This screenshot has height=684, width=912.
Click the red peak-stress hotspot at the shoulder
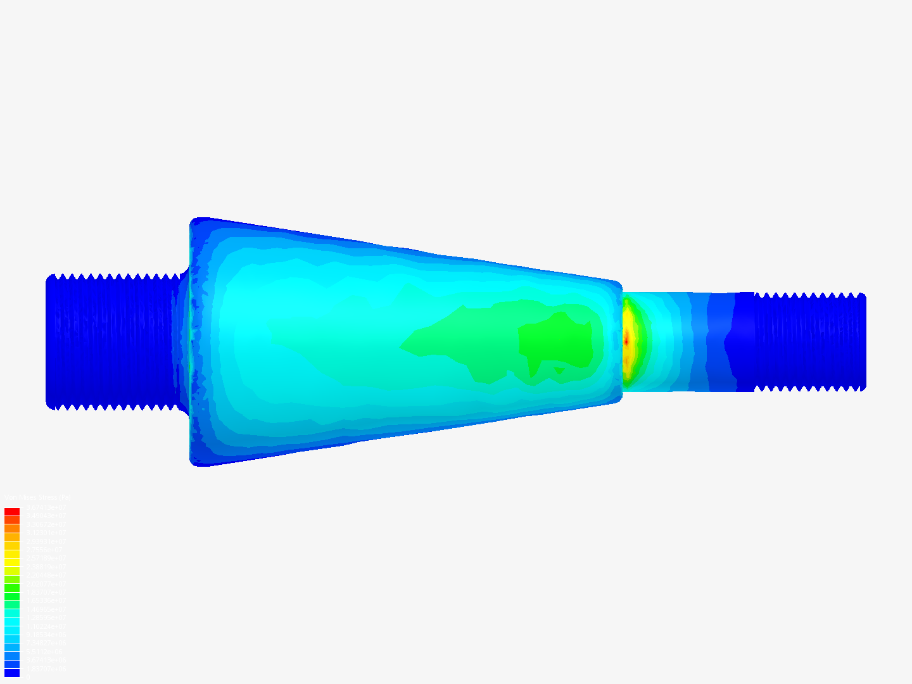coord(626,341)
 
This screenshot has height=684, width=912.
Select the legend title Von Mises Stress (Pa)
coord(37,498)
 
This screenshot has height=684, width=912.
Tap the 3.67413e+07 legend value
coord(46,507)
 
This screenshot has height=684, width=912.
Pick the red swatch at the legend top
coord(12,511)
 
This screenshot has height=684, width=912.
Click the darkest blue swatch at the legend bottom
coord(12,673)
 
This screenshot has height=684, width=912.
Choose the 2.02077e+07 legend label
coord(46,584)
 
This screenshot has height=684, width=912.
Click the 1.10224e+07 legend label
coord(46,626)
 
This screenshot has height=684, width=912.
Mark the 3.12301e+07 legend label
coord(46,533)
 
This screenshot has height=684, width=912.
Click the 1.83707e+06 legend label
coord(46,669)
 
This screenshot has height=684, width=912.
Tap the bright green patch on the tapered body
coord(557,342)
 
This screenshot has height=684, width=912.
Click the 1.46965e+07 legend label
coord(46,609)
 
